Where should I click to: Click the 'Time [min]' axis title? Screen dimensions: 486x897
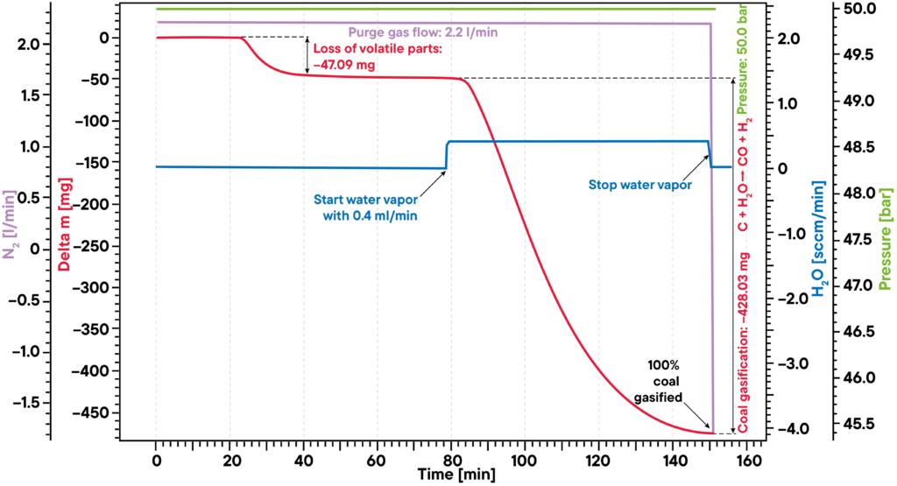pos(449,474)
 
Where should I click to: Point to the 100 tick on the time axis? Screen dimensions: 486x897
pos(524,459)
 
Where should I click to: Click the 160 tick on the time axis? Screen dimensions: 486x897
pos(745,459)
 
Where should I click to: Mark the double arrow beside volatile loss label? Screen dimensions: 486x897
pos(307,55)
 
